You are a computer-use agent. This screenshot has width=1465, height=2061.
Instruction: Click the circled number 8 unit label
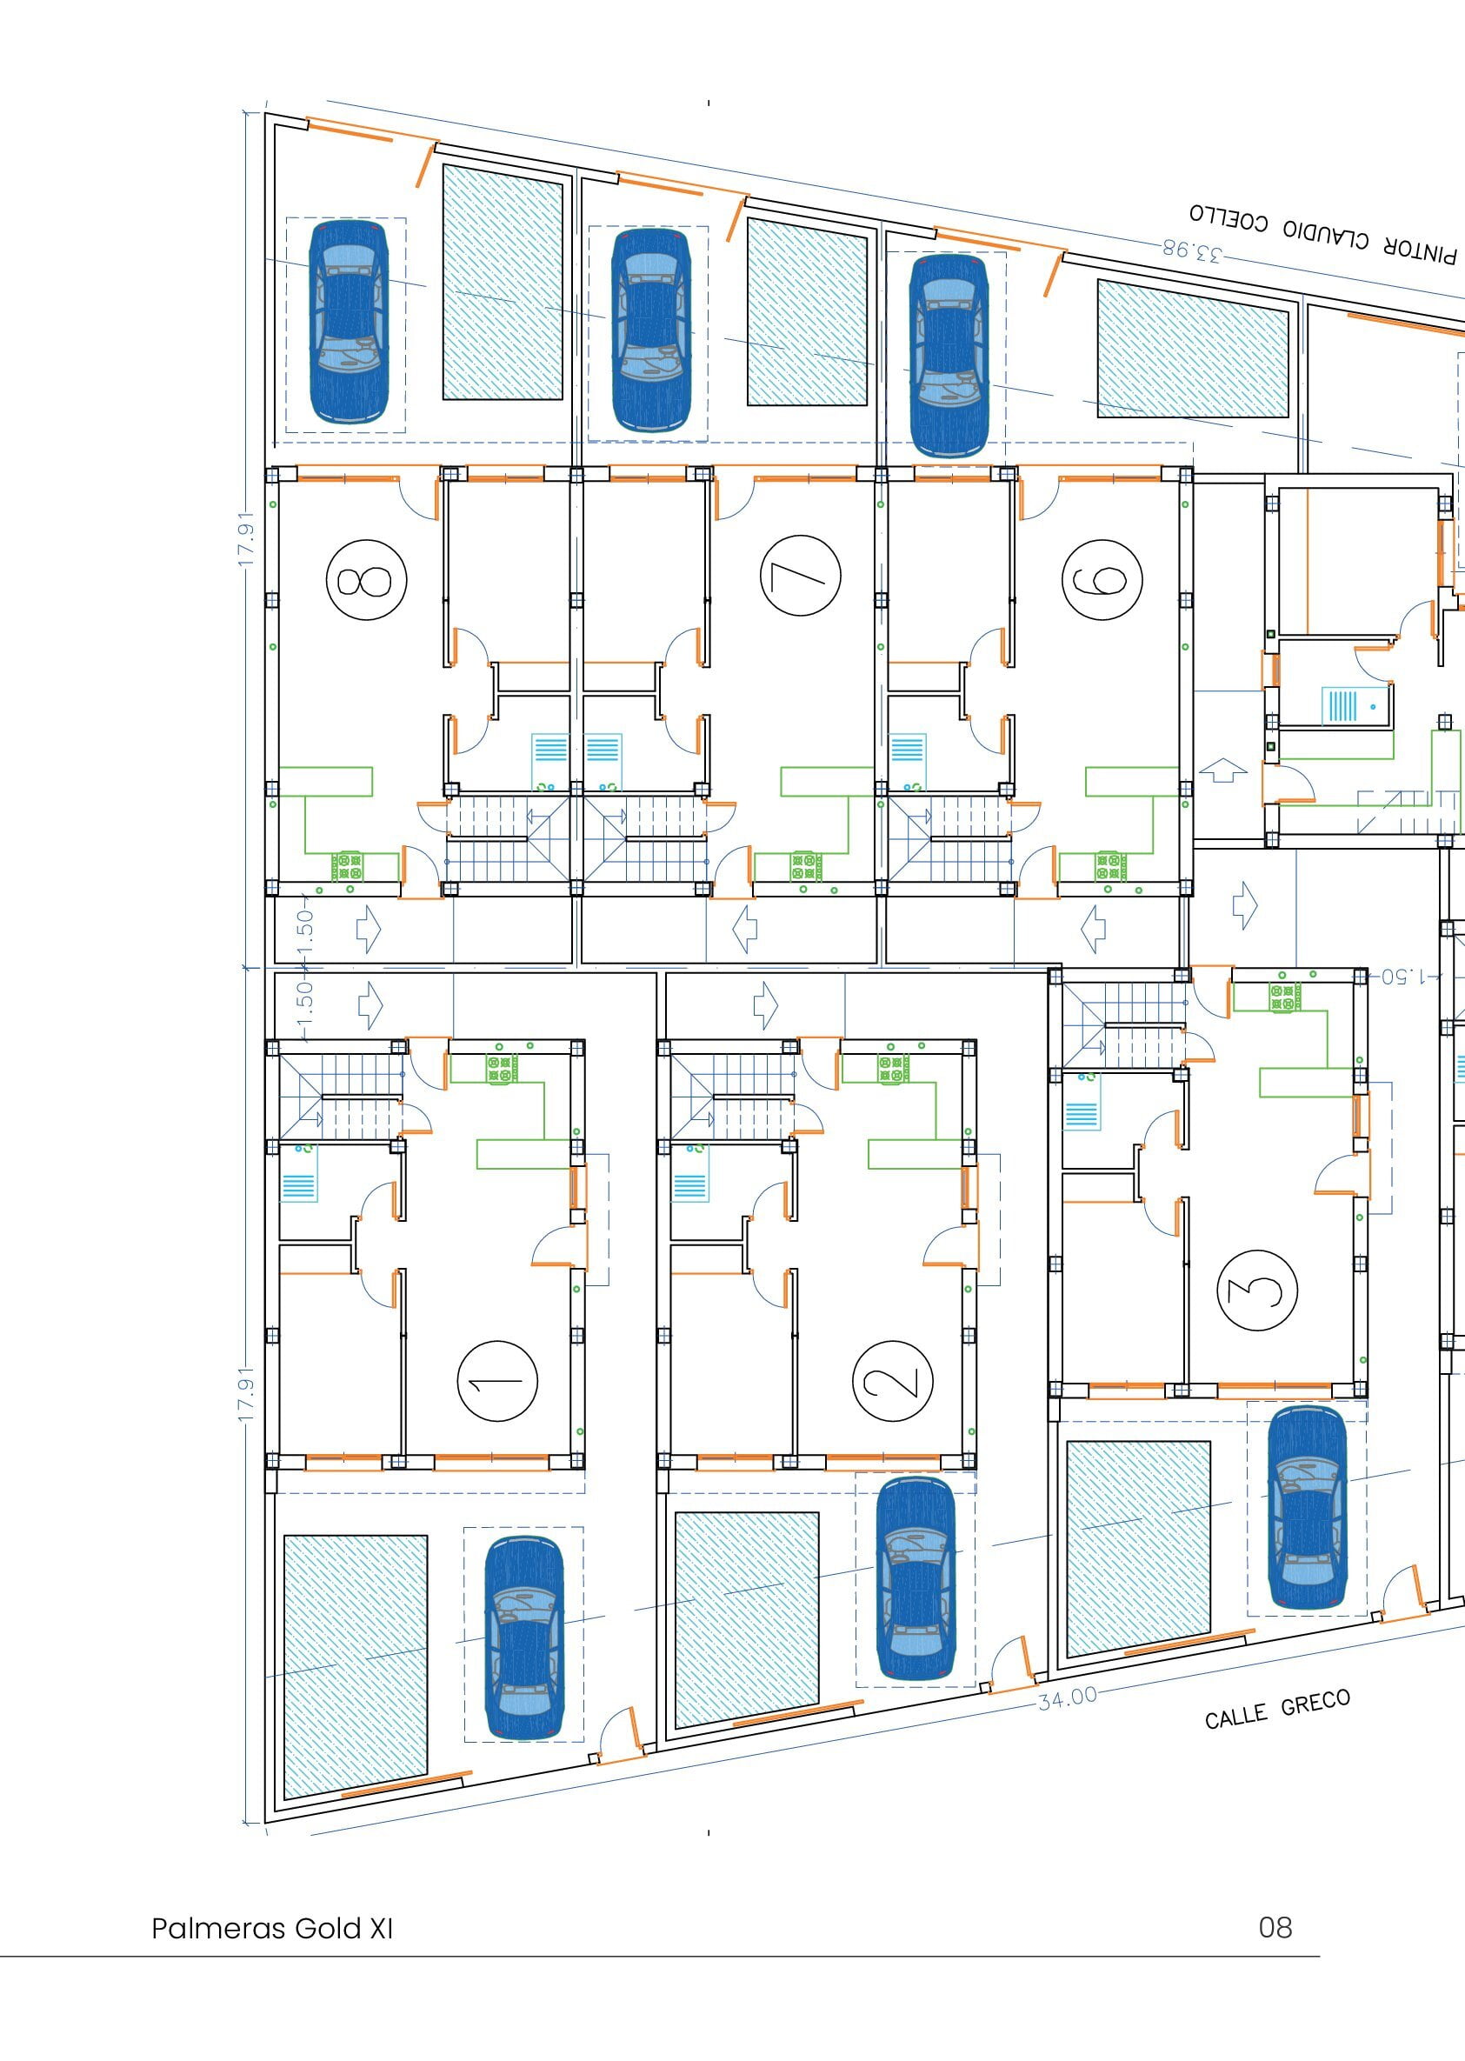click(x=366, y=579)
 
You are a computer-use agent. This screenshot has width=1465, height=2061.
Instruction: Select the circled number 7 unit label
click(x=800, y=575)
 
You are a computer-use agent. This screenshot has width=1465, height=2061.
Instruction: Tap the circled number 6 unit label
click(x=1102, y=579)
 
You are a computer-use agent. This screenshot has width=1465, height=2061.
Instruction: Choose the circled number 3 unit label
click(x=1256, y=1291)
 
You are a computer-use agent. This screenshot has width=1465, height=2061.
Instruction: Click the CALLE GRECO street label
click(x=1277, y=1708)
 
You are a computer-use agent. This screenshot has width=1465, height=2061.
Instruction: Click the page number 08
click(x=1275, y=1927)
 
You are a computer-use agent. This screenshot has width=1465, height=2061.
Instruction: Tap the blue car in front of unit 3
click(x=1307, y=1508)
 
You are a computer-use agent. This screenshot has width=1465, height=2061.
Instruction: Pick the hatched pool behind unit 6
click(x=1193, y=349)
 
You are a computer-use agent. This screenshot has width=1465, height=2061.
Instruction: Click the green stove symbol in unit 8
click(x=347, y=866)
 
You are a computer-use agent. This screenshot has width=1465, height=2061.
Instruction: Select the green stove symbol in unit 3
click(x=1287, y=997)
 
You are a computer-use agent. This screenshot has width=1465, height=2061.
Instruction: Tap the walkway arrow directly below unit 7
click(x=744, y=930)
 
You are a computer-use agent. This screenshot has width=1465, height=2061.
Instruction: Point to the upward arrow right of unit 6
click(x=1223, y=770)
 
